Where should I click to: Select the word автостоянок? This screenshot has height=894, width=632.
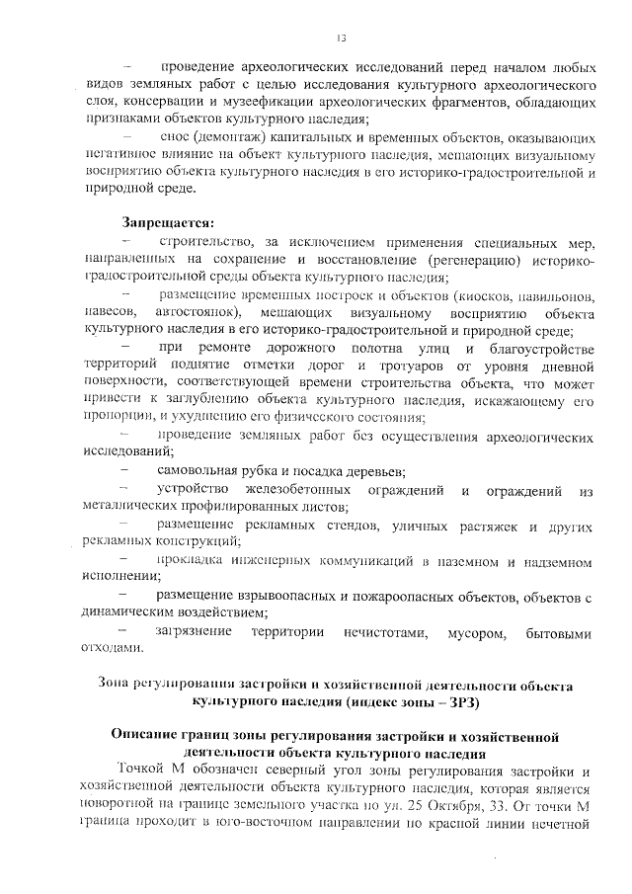click(219, 313)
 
